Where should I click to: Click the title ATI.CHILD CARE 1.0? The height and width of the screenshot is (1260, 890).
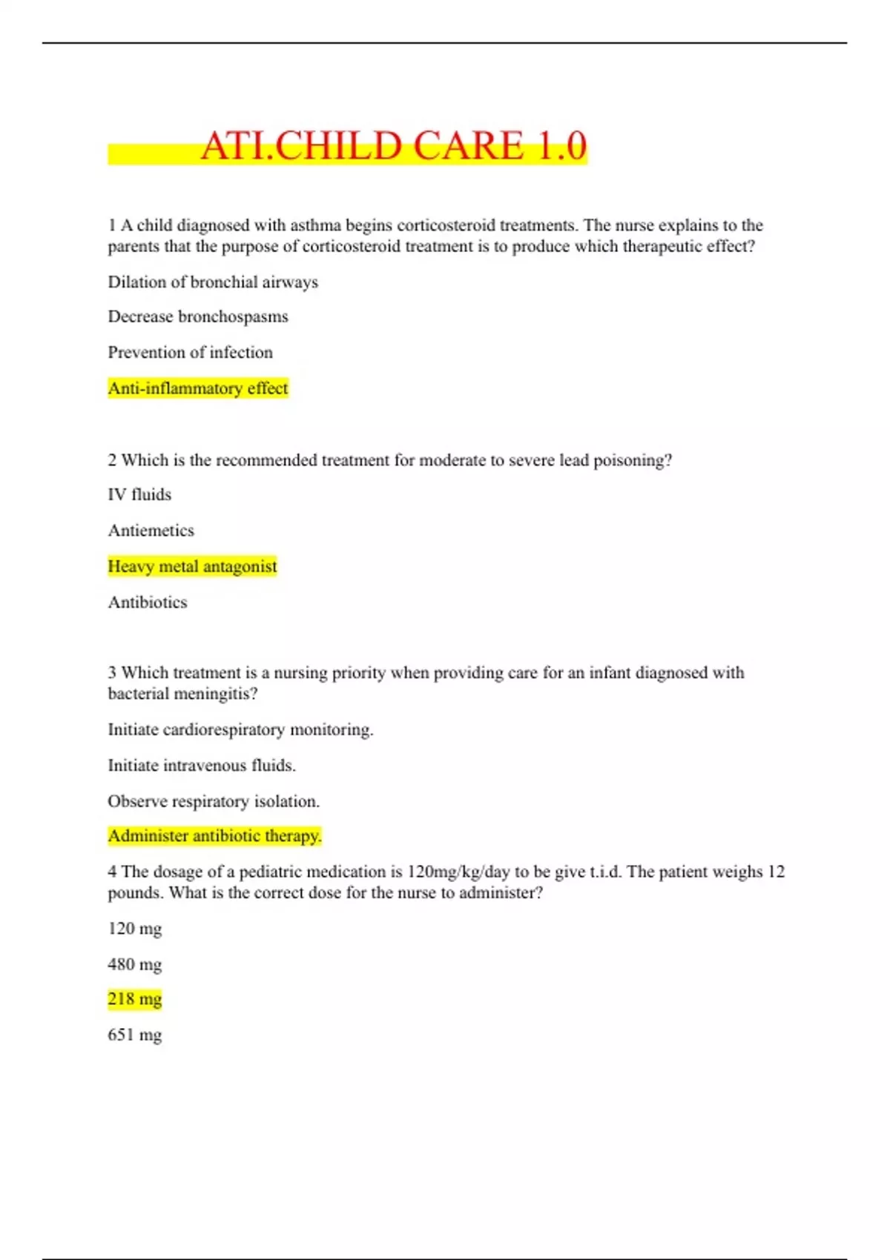(393, 145)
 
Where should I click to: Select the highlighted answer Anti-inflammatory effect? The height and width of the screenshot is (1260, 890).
(197, 388)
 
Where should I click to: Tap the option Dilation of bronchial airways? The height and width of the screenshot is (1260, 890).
(213, 282)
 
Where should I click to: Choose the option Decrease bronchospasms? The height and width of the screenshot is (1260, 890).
(198, 316)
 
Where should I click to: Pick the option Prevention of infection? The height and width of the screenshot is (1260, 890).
(190, 352)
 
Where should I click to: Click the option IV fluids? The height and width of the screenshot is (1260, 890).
(139, 494)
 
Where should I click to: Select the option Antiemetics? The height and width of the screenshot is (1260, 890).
(151, 531)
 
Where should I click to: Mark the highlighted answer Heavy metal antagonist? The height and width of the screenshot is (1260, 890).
(192, 566)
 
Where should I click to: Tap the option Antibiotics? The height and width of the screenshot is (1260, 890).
(148, 603)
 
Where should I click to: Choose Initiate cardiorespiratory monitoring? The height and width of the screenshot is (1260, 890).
(240, 729)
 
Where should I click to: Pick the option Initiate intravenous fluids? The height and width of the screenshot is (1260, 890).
(202, 766)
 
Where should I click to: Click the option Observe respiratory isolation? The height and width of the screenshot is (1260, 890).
(214, 801)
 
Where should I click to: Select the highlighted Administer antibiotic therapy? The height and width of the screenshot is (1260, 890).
(214, 836)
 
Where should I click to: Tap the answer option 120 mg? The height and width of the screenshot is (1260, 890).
(134, 929)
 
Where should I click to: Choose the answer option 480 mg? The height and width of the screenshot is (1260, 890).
(134, 964)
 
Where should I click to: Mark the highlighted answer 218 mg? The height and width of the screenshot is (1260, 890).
(134, 999)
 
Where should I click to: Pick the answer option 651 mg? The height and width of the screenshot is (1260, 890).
(134, 1035)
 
